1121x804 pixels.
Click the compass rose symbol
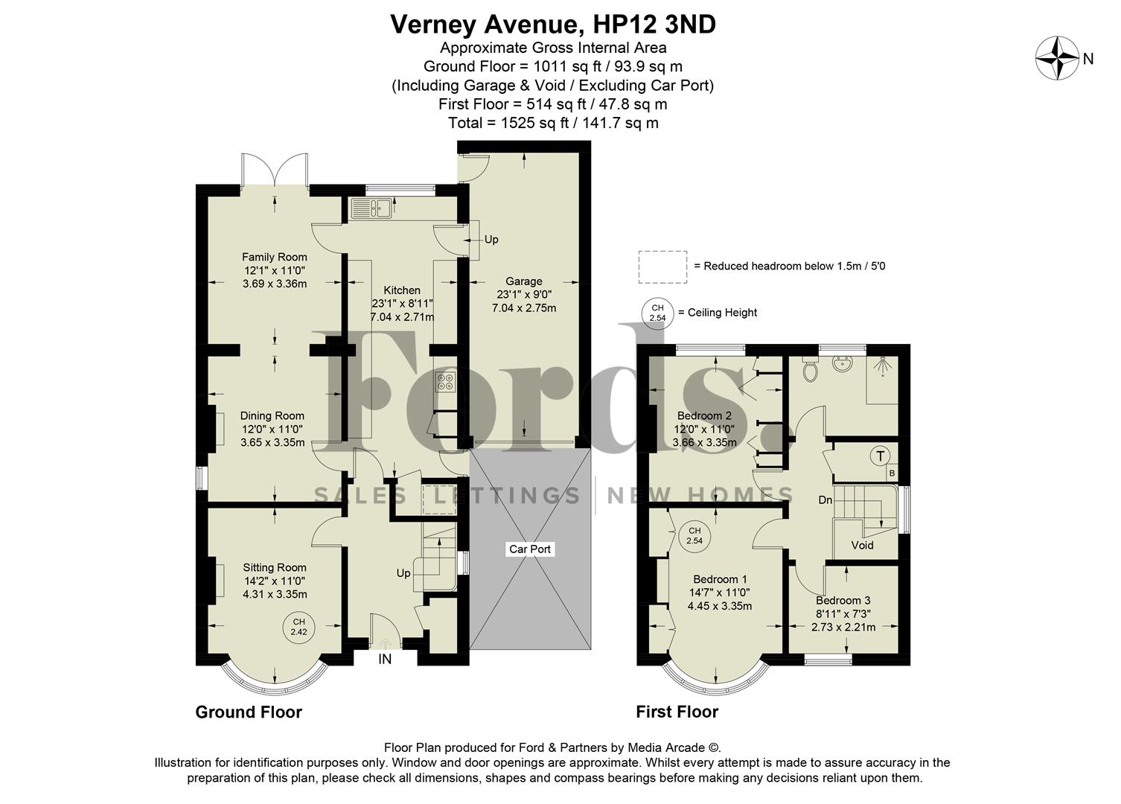(1058, 58)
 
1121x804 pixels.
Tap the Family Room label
(274, 258)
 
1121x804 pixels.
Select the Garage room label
(523, 281)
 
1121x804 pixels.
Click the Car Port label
(530, 549)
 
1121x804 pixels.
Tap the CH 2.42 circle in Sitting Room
(298, 627)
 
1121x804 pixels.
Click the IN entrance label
(385, 659)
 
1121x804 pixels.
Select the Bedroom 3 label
(843, 601)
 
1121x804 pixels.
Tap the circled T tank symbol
(881, 456)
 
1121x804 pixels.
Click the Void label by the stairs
(862, 545)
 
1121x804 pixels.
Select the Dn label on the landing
(825, 500)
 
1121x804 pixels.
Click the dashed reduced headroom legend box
(662, 267)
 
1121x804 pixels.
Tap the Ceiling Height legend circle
(657, 313)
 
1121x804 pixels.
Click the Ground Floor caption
(249, 712)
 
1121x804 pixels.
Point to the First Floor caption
(677, 712)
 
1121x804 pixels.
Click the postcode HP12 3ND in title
(654, 25)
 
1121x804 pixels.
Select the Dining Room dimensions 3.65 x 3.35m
(272, 442)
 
